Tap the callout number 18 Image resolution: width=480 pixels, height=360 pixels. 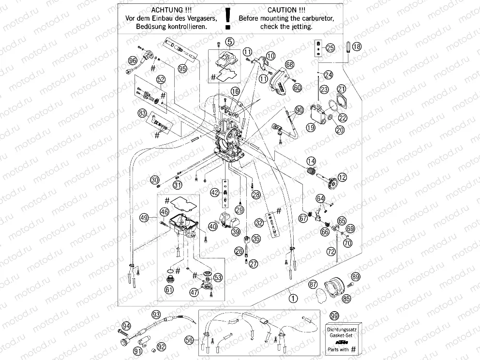click(x=357, y=47)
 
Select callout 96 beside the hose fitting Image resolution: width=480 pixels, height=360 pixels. click(x=133, y=60)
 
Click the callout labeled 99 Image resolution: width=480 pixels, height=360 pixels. click(x=333, y=315)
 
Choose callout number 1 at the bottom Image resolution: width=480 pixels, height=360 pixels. click(x=292, y=299)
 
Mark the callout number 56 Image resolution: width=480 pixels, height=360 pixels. click(x=189, y=341)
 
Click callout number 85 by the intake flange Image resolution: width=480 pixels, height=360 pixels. click(x=346, y=299)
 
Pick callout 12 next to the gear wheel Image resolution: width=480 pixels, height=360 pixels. click(x=342, y=178)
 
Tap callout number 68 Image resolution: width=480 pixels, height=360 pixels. click(x=289, y=64)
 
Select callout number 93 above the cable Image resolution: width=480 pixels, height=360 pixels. click(x=156, y=314)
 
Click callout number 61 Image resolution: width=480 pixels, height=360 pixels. click(x=169, y=290)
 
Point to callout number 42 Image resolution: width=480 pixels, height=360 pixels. click(x=214, y=193)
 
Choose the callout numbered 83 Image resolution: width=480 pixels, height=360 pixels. click(x=142, y=113)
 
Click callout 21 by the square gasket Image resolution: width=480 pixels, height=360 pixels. click(x=342, y=89)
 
